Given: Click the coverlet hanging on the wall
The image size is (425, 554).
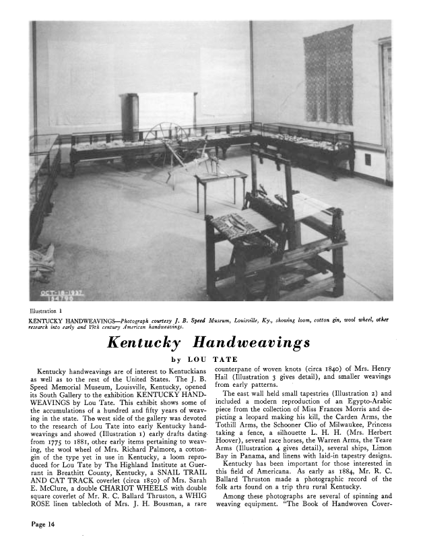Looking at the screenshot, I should pos(328,74).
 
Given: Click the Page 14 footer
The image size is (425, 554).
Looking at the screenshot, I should pos(40,525).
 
